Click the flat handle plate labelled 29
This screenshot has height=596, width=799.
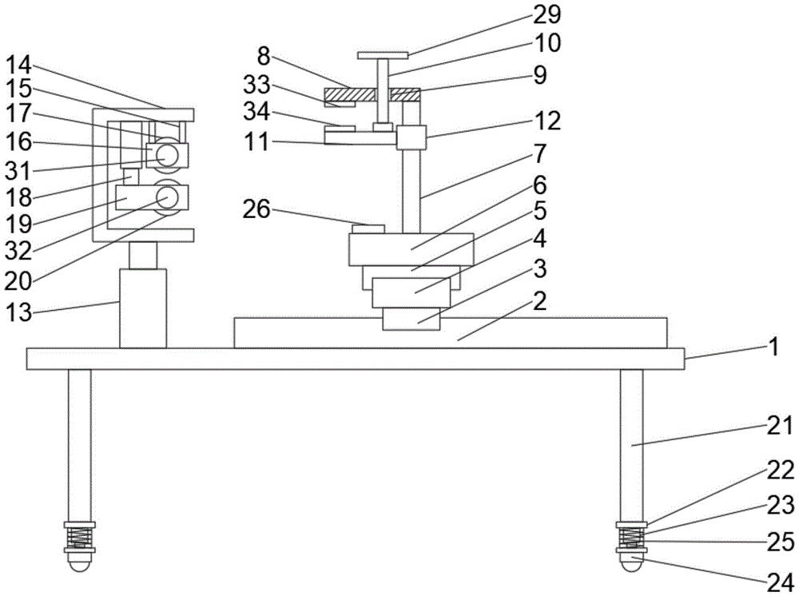(x=383, y=56)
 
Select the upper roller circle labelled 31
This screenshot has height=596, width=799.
(x=168, y=153)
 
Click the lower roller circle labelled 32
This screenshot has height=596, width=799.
(x=168, y=197)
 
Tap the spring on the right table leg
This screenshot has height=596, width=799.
(x=632, y=538)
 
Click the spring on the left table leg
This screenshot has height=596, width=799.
(x=79, y=538)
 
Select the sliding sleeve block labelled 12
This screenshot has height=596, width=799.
(x=411, y=137)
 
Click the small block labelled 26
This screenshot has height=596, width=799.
(x=368, y=229)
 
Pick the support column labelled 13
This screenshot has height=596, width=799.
(x=143, y=308)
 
